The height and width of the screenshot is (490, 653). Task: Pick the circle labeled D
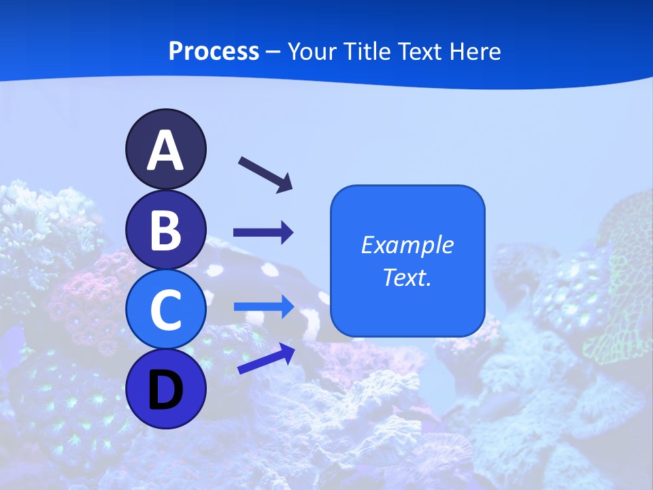(165, 389)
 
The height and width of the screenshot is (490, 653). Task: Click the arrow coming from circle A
(265, 174)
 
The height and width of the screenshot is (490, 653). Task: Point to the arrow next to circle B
(263, 233)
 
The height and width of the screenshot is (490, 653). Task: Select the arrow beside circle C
(263, 306)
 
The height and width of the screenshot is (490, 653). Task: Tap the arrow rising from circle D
(266, 359)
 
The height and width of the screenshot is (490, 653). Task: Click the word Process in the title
(214, 52)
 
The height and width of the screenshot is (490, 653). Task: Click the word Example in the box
(407, 245)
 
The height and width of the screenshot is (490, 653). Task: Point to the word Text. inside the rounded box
(407, 277)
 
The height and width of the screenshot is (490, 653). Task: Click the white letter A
(165, 150)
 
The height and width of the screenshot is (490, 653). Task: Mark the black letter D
(165, 390)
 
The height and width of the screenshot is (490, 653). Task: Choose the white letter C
(165, 310)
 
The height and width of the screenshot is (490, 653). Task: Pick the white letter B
(165, 230)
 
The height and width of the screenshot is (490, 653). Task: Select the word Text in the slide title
(420, 52)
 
